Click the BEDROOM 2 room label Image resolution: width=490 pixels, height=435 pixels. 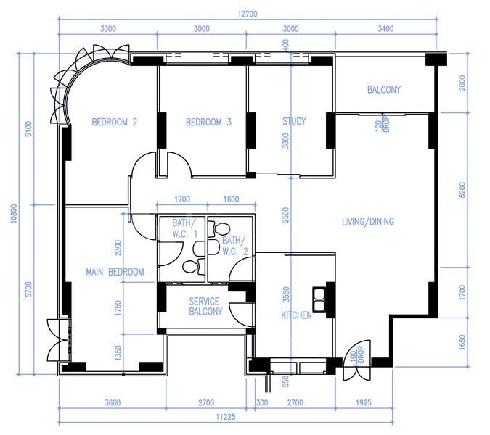point(114,123)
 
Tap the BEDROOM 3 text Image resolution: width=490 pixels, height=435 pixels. point(208,123)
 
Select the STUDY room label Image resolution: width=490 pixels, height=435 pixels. point(294,121)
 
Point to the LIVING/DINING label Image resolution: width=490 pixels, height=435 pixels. point(368,221)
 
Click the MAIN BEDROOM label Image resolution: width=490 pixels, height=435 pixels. point(115,272)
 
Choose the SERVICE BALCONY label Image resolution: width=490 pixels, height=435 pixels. point(205,307)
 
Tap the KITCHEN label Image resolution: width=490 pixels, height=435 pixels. point(296,315)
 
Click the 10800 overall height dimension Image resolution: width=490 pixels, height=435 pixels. point(13,213)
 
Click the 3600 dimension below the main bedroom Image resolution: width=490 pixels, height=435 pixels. point(112,402)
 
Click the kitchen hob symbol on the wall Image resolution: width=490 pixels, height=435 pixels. point(319,294)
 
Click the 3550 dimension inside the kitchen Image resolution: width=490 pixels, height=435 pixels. point(285,294)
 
